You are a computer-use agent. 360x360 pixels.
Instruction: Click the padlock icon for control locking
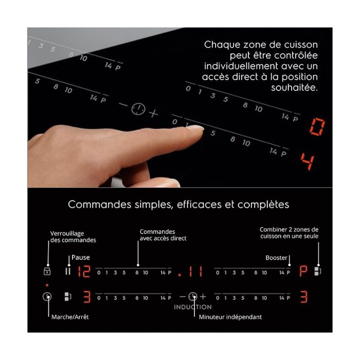pos(47,271)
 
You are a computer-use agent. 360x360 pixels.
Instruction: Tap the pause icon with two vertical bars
pos(68,271)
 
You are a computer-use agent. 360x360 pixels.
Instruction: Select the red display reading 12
pos(84,272)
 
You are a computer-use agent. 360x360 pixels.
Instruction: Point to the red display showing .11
pos(191,272)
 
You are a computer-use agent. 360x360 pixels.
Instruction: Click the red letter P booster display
pos(303,271)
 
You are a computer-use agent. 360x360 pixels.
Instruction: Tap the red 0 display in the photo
pos(317,127)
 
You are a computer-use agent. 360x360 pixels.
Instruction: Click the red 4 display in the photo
pos(308,161)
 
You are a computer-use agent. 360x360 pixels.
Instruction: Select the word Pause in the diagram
pos(81,257)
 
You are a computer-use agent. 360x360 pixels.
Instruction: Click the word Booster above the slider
pos(277,258)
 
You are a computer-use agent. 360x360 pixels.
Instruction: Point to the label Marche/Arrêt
pos(70,317)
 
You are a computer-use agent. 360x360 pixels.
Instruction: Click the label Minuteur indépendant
pos(230,317)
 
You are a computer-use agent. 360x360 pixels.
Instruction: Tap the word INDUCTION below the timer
pos(193,307)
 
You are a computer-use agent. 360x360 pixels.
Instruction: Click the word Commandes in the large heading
pos(99,204)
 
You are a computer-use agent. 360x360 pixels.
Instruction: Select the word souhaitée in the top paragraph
pos(295,87)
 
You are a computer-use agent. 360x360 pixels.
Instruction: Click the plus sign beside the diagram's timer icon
pos(203,297)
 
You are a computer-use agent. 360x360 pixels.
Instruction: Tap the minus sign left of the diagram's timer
pos(183,297)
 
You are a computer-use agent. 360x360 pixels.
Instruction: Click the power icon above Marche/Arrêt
pos(47,296)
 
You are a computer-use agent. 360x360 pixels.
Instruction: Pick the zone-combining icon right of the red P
pos(317,271)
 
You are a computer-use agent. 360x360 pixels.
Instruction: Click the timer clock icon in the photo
pos(138,109)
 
